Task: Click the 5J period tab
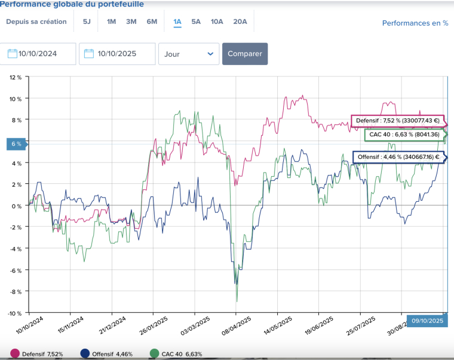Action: click(x=87, y=22)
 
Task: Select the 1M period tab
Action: click(x=111, y=22)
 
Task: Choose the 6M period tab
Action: click(x=152, y=22)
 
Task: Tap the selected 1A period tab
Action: click(x=177, y=22)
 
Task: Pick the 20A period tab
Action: click(x=240, y=22)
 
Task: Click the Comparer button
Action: click(x=245, y=54)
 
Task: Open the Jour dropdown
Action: click(x=188, y=54)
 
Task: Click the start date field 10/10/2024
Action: click(x=38, y=54)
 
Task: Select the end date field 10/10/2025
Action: click(x=117, y=54)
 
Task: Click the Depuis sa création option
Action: click(x=36, y=22)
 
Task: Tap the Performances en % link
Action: click(x=415, y=23)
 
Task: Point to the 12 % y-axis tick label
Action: click(x=16, y=78)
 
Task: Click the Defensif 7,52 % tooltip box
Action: click(x=397, y=121)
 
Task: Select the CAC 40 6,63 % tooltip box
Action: click(x=404, y=135)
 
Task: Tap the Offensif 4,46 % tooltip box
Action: click(x=397, y=158)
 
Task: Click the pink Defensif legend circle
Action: click(x=15, y=354)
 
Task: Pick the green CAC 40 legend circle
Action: click(x=154, y=354)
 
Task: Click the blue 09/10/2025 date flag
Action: click(x=427, y=321)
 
